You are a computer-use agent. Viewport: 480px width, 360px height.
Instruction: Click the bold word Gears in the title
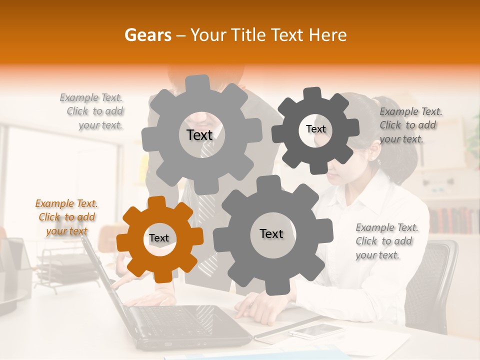(x=148, y=35)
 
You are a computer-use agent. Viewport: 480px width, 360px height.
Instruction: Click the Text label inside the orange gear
(x=159, y=238)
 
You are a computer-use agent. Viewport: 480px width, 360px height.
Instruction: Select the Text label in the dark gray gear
(x=315, y=129)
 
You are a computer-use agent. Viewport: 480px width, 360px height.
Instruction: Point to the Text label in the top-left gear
(x=199, y=135)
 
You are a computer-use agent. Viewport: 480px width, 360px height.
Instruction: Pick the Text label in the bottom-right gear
(x=271, y=233)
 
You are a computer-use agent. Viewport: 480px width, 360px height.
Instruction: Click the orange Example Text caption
(x=66, y=217)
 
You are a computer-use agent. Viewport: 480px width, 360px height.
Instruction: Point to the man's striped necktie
(x=207, y=210)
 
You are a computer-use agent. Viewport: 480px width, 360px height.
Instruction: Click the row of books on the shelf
(x=453, y=220)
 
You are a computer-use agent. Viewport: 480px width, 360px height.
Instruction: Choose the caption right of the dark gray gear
(x=410, y=125)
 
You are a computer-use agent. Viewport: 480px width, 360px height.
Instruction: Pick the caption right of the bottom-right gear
(x=386, y=241)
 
